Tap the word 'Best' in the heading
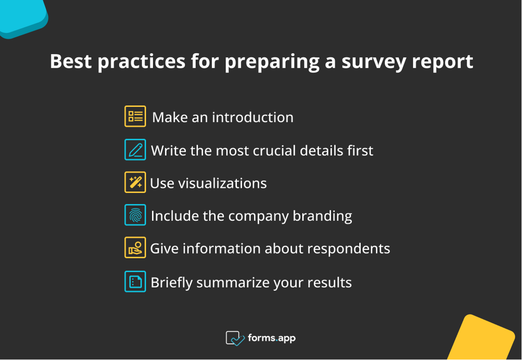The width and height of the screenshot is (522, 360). point(70,62)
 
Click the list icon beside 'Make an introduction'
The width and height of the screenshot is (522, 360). point(135,116)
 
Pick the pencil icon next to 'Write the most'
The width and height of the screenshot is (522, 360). point(135,150)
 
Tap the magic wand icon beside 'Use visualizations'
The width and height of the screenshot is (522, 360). point(135,183)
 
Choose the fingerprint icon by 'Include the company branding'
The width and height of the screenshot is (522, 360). point(135,215)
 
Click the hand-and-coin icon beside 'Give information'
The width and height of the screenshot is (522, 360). point(135,248)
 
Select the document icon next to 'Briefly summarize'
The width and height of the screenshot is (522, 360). point(135,282)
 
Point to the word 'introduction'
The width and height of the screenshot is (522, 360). point(253,117)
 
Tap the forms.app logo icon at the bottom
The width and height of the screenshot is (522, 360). point(235,338)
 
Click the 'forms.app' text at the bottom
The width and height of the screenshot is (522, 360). point(272,338)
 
